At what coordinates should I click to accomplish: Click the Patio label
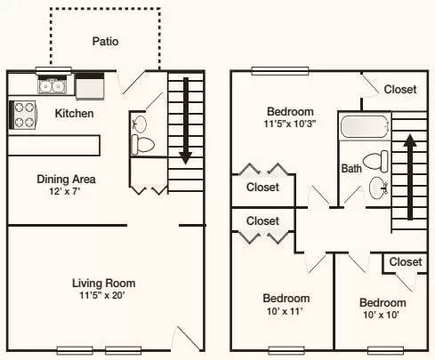(x=105, y=41)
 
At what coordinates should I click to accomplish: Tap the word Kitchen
(x=75, y=113)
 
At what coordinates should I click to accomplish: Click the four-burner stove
(x=23, y=115)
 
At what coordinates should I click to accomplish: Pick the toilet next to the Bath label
(x=381, y=162)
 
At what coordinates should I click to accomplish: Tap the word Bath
(x=351, y=168)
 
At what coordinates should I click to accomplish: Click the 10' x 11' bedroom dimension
(x=286, y=312)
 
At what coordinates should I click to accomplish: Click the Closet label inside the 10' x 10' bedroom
(x=405, y=262)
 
